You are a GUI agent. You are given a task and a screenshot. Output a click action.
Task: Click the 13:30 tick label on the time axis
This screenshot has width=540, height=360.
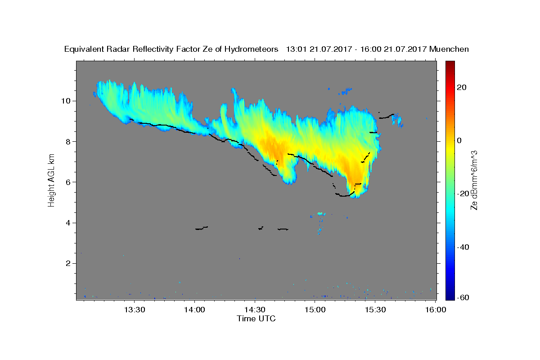(x=135, y=310)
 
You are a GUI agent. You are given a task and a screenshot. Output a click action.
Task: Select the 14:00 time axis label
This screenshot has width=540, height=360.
(x=194, y=310)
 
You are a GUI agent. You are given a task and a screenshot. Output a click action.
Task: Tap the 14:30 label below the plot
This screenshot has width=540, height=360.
(x=255, y=310)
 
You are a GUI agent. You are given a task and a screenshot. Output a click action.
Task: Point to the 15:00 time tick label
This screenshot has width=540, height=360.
(x=315, y=310)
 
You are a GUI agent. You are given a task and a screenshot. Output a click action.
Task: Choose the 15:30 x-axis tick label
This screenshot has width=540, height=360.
(x=375, y=310)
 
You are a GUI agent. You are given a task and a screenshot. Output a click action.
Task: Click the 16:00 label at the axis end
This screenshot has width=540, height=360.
(x=436, y=310)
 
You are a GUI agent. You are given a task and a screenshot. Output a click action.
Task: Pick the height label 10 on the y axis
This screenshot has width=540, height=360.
(x=66, y=101)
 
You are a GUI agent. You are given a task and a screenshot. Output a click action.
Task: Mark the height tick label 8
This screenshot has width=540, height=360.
(x=68, y=142)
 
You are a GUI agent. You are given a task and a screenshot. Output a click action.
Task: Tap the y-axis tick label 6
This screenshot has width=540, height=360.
(x=68, y=182)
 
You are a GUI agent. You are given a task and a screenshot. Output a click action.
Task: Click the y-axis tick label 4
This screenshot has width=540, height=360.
(x=68, y=223)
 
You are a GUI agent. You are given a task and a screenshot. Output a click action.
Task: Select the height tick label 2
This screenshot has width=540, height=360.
(x=68, y=263)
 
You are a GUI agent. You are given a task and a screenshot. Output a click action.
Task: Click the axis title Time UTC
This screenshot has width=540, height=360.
(x=256, y=319)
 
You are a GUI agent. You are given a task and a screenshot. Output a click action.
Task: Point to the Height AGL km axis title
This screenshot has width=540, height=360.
(x=51, y=180)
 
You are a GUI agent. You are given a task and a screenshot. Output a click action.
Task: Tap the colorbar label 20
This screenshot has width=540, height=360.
(x=462, y=87)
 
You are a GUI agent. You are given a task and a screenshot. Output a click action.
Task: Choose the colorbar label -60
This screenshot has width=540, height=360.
(x=463, y=297)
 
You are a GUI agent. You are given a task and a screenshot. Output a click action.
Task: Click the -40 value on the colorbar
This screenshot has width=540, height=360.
(x=463, y=247)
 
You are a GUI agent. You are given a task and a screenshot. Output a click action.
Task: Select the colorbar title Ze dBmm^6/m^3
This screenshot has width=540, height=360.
(x=474, y=180)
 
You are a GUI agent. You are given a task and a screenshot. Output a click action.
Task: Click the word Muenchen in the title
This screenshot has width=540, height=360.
(x=449, y=49)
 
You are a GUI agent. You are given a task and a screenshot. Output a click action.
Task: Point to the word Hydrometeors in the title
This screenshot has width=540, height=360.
(x=251, y=49)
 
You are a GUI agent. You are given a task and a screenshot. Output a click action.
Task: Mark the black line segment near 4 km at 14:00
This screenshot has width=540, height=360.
(x=202, y=228)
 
